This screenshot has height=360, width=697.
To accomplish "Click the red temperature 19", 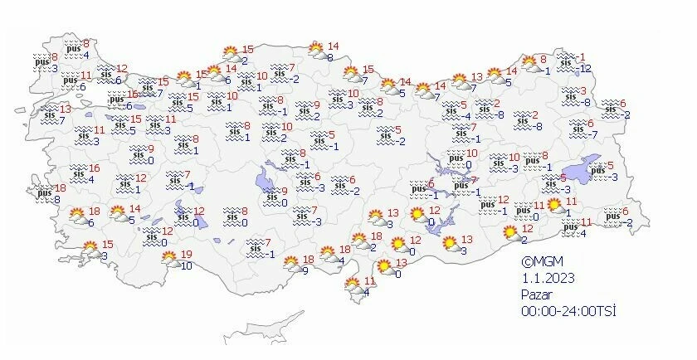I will click(187, 255).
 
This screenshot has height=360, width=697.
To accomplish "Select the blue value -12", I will click(584, 68).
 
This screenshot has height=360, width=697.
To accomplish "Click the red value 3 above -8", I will click(582, 91).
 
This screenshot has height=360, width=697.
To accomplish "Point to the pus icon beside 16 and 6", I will click(116, 100).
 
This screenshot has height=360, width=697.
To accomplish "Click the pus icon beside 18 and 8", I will click(43, 193).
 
